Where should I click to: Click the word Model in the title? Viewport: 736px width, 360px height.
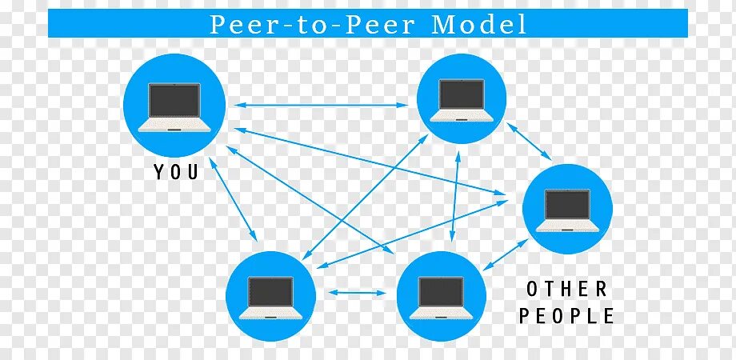479,24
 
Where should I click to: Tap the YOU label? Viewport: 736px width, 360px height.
175,171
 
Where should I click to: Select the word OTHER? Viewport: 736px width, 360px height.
566,289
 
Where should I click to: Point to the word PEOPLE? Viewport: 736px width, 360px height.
566,316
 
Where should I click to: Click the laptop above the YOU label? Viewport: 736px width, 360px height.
174,106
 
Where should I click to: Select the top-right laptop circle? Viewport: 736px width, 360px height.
462,99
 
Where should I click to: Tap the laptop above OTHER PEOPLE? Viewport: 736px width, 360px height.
567,209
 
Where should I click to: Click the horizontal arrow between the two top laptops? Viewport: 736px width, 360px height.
321,105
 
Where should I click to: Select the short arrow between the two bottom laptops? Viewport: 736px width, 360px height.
356,294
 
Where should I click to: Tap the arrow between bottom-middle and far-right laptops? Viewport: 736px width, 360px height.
503,257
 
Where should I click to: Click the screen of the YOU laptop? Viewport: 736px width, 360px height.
175,100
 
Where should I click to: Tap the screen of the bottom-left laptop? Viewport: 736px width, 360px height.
270,290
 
